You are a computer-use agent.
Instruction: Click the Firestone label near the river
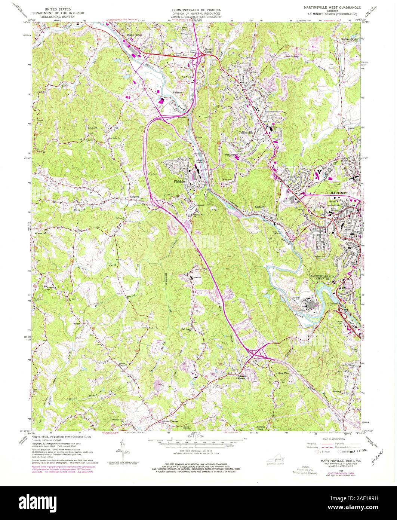click(177, 92)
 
